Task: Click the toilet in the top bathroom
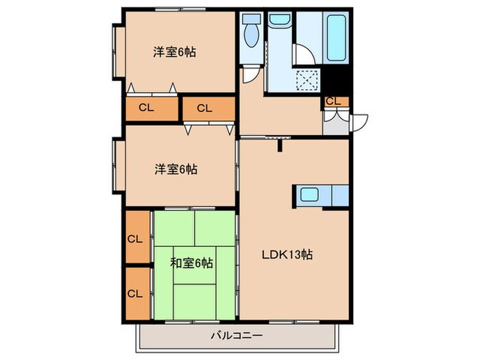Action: click(x=250, y=31)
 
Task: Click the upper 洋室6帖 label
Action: click(x=175, y=51)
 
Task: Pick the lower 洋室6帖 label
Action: click(x=175, y=169)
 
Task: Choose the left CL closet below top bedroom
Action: click(x=146, y=107)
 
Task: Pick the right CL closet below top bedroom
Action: click(x=204, y=107)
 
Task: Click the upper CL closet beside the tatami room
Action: click(x=136, y=239)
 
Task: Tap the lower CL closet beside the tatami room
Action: click(x=136, y=293)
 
